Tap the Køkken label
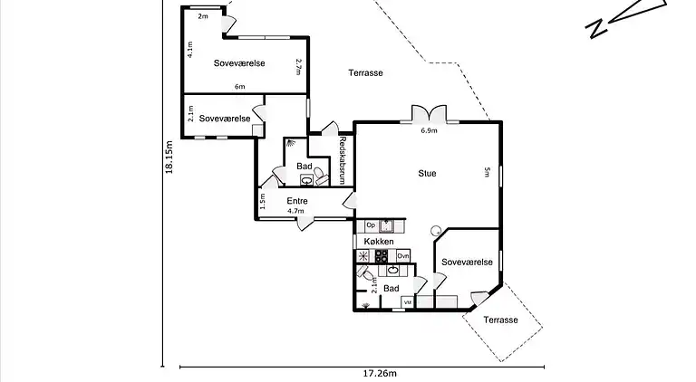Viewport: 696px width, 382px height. click(379, 242)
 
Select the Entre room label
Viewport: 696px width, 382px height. click(297, 201)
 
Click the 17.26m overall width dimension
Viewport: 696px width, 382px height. click(381, 373)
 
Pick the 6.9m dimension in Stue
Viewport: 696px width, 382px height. click(429, 130)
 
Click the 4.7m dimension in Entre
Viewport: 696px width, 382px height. click(295, 212)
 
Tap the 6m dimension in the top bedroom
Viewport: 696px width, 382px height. click(239, 87)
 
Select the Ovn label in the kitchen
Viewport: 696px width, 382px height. click(402, 257)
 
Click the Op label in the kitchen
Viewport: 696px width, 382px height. click(370, 224)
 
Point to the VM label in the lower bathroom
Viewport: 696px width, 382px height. click(407, 301)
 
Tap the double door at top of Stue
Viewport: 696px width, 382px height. click(428, 115)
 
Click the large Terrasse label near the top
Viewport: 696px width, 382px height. click(366, 73)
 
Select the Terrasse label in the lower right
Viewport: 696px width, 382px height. click(500, 320)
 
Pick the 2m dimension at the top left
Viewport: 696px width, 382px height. click(203, 16)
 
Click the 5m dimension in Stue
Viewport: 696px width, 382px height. click(487, 173)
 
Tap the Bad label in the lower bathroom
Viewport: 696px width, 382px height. click(391, 289)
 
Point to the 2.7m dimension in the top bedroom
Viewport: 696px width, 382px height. click(297, 66)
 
